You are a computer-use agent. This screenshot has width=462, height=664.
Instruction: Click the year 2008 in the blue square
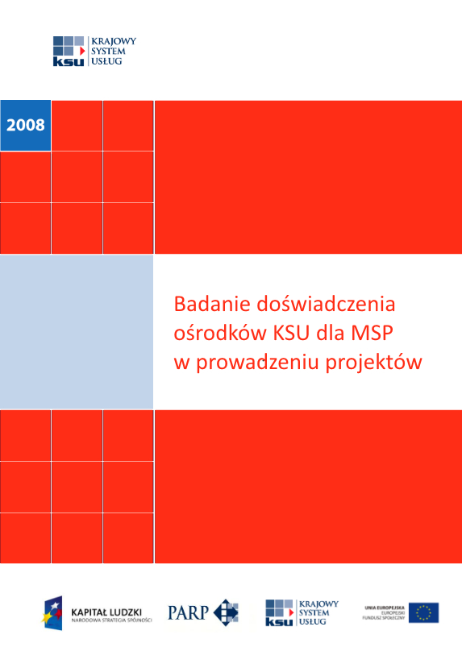(x=26, y=125)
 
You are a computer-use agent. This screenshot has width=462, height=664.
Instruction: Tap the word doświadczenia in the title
(x=326, y=305)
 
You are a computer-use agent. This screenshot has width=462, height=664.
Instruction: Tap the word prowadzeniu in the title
(x=256, y=362)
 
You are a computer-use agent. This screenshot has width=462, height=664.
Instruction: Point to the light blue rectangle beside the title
(x=77, y=332)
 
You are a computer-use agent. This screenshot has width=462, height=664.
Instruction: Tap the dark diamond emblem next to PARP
(x=227, y=612)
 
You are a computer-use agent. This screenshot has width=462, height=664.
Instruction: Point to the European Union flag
(x=423, y=612)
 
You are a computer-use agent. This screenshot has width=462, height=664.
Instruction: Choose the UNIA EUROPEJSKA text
(x=383, y=606)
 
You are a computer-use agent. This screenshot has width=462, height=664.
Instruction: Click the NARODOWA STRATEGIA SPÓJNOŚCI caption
(x=111, y=620)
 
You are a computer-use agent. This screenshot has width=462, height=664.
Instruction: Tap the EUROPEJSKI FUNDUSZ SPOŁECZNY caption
(x=385, y=616)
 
